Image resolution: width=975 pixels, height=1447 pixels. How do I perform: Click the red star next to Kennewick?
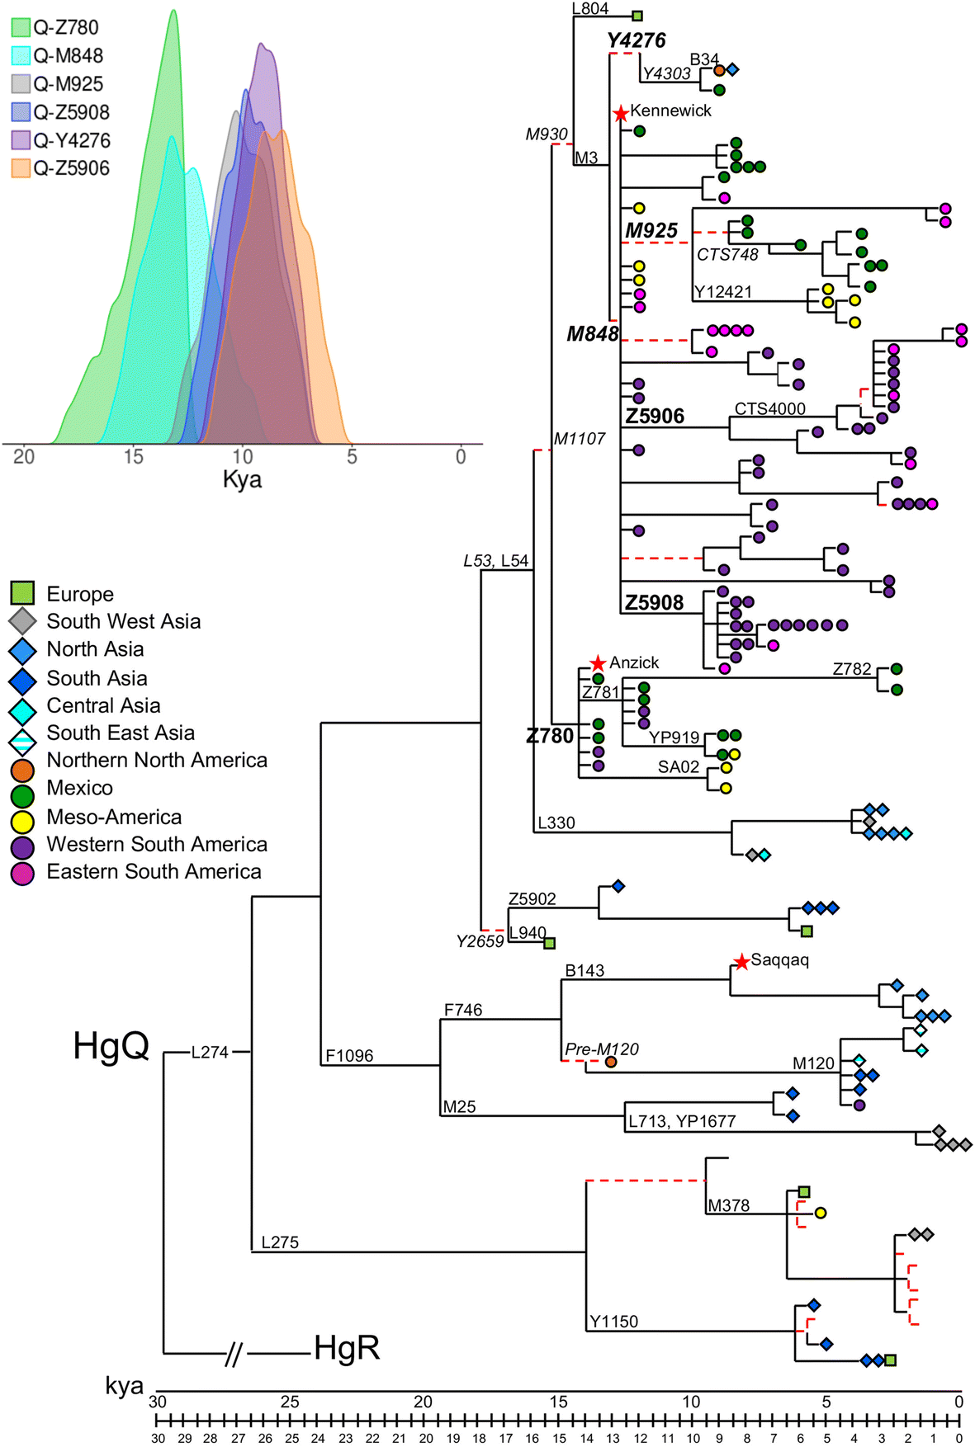[x=621, y=113]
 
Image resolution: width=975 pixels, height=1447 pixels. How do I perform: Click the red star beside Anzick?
[x=599, y=663]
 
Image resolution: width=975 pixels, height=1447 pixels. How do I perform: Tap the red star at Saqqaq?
[x=741, y=961]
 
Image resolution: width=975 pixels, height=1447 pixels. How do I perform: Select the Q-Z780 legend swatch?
[x=21, y=28]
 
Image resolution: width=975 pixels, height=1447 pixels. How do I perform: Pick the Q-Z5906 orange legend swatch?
[x=21, y=168]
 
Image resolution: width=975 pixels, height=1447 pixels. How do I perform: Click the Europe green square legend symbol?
[x=22, y=593]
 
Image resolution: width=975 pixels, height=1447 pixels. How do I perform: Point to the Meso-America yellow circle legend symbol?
[x=22, y=818]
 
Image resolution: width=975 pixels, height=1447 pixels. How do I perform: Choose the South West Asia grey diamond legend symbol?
[x=22, y=621]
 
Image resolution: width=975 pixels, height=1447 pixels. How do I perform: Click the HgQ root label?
[x=111, y=1046]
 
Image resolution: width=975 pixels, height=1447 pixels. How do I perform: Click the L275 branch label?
[x=280, y=1242]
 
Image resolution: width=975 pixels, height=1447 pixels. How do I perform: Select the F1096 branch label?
[x=349, y=1056]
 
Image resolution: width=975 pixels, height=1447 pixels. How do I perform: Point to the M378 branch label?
[x=729, y=1205]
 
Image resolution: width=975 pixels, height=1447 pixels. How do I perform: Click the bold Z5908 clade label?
[x=654, y=603]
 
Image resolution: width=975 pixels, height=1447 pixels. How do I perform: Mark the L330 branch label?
[x=556, y=822]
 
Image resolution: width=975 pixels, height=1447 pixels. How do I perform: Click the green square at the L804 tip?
[x=637, y=16]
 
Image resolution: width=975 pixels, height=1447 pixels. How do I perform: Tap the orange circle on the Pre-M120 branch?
[x=610, y=1062]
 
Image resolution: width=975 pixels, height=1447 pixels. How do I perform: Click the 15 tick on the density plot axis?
[x=133, y=456]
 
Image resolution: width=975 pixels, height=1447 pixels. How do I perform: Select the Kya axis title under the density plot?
[x=242, y=480]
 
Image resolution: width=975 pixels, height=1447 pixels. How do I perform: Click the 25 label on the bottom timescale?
[x=290, y=1402]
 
